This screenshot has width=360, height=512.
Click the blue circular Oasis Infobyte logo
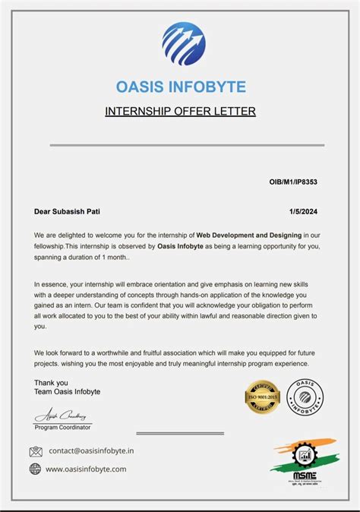(x=183, y=44)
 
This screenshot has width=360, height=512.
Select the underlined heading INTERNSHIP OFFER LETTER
(x=180, y=112)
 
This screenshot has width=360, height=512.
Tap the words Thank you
(x=51, y=383)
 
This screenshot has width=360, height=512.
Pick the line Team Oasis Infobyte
(x=67, y=392)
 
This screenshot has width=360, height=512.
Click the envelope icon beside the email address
(x=36, y=451)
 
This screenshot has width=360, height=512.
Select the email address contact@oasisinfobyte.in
(x=91, y=450)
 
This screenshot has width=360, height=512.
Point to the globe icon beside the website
(x=36, y=469)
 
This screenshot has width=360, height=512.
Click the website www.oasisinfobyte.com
(x=86, y=469)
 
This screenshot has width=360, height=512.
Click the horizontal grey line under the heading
(x=187, y=144)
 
